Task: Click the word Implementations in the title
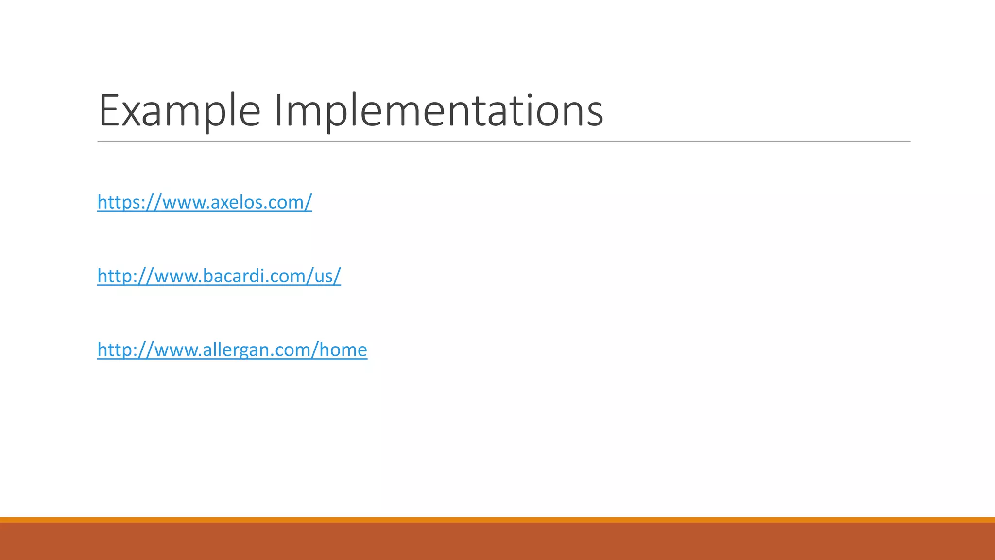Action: (439, 111)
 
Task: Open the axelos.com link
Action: (205, 202)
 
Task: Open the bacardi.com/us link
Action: (219, 276)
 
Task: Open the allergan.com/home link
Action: (232, 350)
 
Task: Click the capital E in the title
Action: (107, 111)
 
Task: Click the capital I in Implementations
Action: (278, 111)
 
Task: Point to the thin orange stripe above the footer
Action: (497, 520)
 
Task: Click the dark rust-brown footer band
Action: (497, 542)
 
